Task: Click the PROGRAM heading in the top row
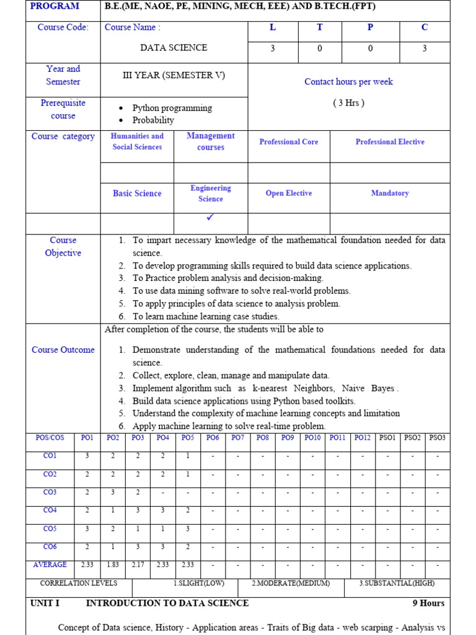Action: [x=55, y=6]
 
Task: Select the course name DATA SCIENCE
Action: [x=174, y=48]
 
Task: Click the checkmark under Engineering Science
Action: [x=211, y=218]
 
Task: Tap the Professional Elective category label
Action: [x=390, y=142]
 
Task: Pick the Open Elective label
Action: [x=289, y=193]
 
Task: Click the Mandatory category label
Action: [x=390, y=193]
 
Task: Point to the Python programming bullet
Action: [x=172, y=108]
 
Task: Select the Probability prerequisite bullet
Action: [x=153, y=120]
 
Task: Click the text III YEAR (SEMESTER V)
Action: [x=174, y=76]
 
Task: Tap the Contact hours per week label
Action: [x=348, y=82]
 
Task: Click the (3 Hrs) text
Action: [x=348, y=103]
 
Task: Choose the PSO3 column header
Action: [x=437, y=438]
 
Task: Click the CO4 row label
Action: [x=50, y=510]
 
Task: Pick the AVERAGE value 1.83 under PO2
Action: [x=113, y=565]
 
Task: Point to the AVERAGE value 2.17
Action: [x=138, y=565]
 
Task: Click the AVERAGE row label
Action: [x=50, y=565]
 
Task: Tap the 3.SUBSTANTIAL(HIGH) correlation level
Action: [x=397, y=584]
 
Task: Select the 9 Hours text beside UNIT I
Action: [x=428, y=603]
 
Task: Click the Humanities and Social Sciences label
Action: [x=137, y=141]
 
